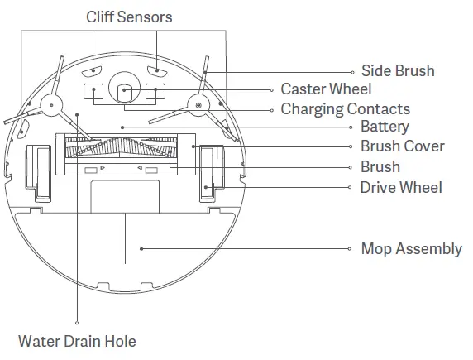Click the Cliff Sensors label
tap(129, 17)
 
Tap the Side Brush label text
tap(398, 71)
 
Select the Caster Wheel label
tap(326, 89)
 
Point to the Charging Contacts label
tap(346, 109)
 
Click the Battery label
tap(385, 127)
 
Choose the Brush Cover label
tap(403, 146)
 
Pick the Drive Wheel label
tap(401, 188)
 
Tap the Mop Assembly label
tap(412, 249)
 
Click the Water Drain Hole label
tap(77, 342)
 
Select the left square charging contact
tap(93, 92)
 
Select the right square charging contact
tap(155, 92)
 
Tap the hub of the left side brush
tap(51, 105)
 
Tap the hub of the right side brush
tap(198, 105)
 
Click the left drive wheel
tap(39, 173)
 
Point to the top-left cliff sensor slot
tap(92, 71)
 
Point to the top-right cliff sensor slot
tap(157, 71)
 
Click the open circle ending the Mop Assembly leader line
tap(349, 249)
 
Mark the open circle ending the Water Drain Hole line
tap(77, 323)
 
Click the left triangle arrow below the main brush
tap(103, 167)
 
